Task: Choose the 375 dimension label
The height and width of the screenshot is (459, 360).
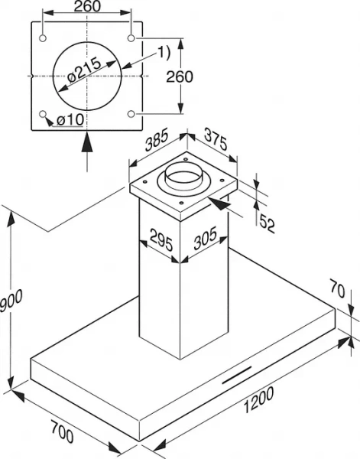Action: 215,142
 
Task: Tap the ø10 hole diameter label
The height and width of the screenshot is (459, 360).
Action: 67,120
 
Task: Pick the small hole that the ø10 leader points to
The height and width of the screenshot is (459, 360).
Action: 44,115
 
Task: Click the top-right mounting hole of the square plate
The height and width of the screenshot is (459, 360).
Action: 132,38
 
